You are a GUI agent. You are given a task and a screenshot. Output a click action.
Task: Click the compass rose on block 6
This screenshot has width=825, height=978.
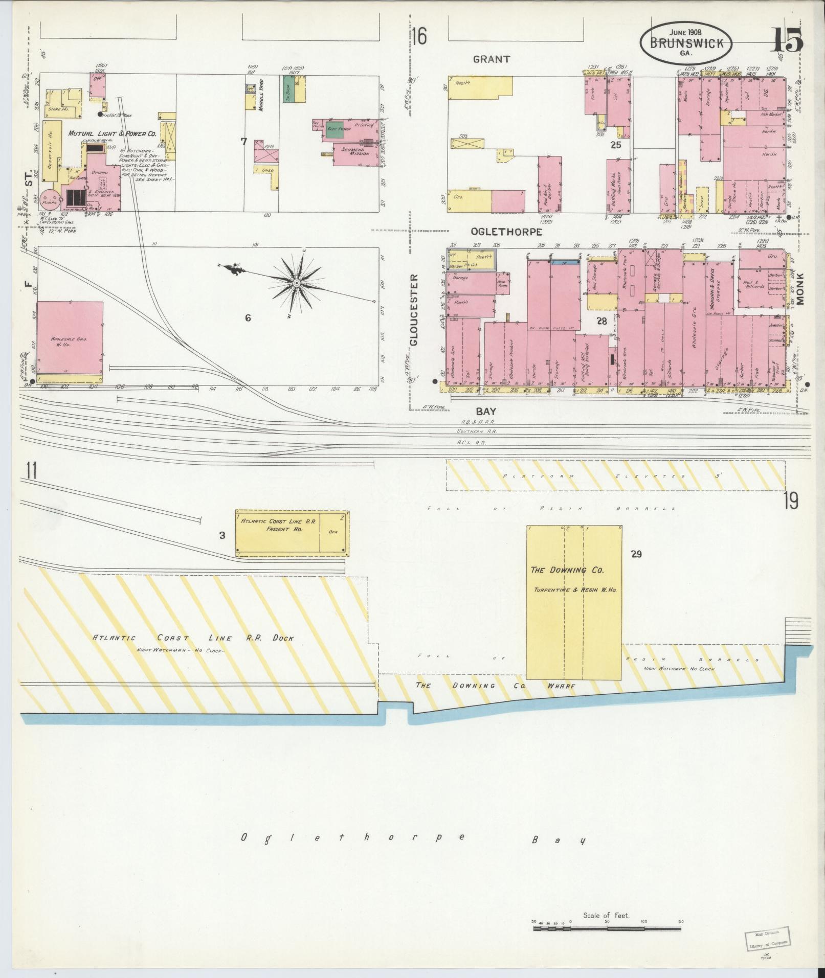tap(296, 282)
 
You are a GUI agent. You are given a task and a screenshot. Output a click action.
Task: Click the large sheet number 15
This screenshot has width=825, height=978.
tap(787, 40)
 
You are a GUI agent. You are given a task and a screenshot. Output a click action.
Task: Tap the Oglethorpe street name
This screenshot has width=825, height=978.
tap(507, 232)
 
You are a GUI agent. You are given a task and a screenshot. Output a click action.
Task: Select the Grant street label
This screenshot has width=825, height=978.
tap(491, 59)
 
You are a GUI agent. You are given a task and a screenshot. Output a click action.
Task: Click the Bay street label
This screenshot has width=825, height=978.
tap(486, 411)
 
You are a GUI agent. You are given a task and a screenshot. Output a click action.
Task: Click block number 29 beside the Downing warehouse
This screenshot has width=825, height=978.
tap(636, 554)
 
